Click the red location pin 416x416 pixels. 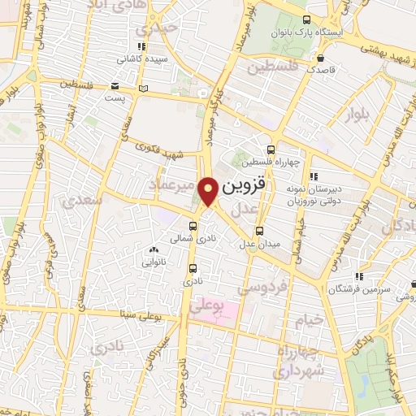click(208, 192)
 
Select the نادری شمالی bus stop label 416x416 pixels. click(193, 239)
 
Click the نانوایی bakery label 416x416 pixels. click(154, 262)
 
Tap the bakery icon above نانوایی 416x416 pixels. click(154, 249)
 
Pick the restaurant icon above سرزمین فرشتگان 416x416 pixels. click(359, 276)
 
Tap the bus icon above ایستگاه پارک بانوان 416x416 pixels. click(305, 19)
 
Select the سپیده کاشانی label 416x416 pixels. click(142, 58)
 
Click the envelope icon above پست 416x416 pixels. click(115, 85)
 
